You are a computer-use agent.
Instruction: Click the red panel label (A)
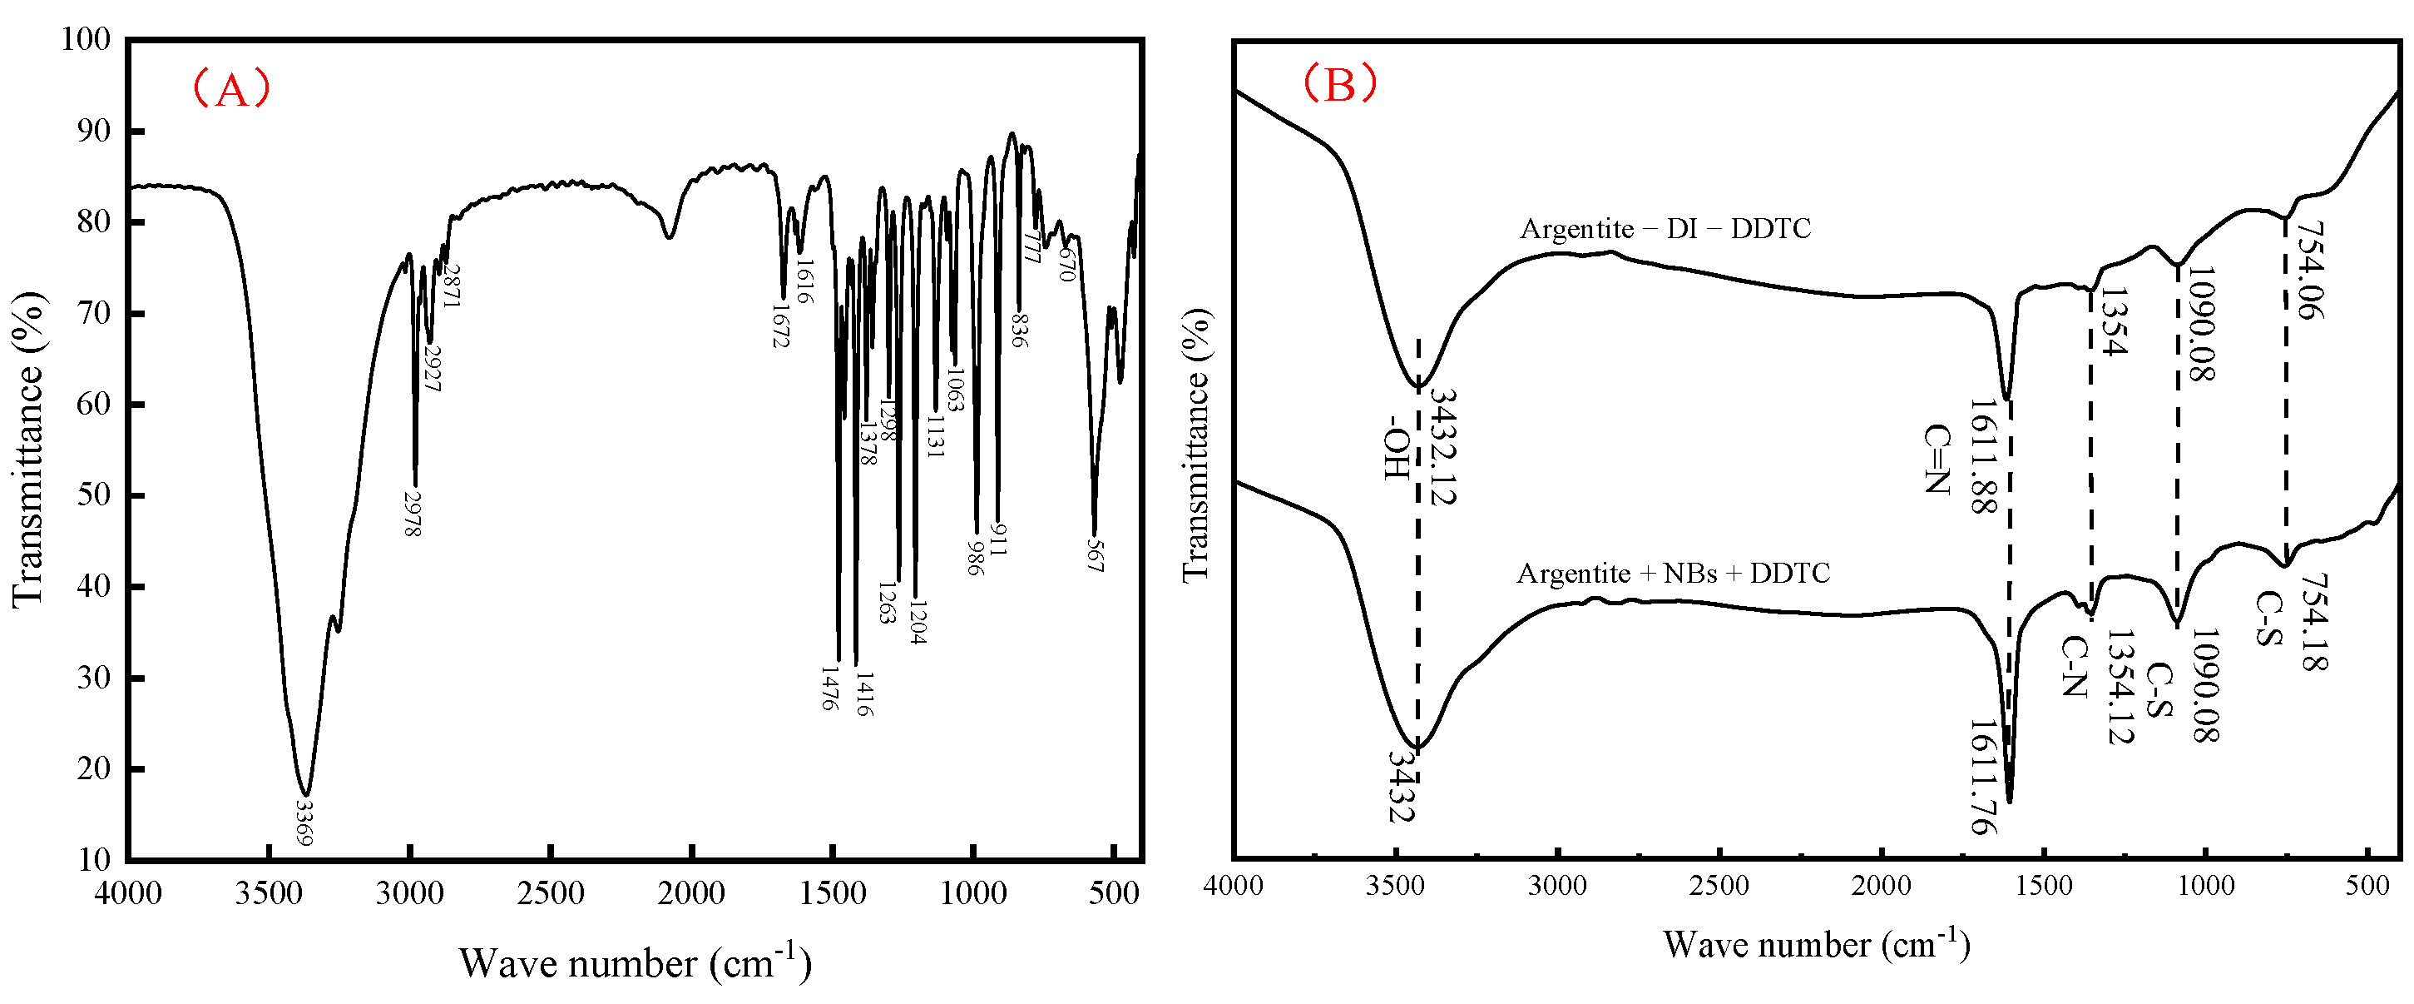(231, 90)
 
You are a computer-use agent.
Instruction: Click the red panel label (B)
(1340, 84)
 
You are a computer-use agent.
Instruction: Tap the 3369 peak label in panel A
(304, 823)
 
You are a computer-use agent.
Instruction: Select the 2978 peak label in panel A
(413, 514)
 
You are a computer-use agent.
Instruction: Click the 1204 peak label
(918, 623)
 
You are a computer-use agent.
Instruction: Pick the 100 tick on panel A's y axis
(86, 39)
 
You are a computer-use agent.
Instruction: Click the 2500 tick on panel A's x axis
(550, 893)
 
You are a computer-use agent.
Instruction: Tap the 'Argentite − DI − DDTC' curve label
(1665, 229)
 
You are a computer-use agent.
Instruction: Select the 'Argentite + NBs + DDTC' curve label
(1673, 573)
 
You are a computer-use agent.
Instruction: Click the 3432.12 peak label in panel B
(1443, 447)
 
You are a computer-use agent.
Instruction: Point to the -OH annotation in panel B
(1397, 448)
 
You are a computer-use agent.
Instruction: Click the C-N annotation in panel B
(2074, 667)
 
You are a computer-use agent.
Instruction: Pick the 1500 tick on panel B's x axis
(2044, 886)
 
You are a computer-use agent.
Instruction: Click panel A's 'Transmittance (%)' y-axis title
(28, 449)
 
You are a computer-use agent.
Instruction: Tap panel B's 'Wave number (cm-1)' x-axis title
(1816, 945)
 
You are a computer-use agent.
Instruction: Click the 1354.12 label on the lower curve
(2120, 687)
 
